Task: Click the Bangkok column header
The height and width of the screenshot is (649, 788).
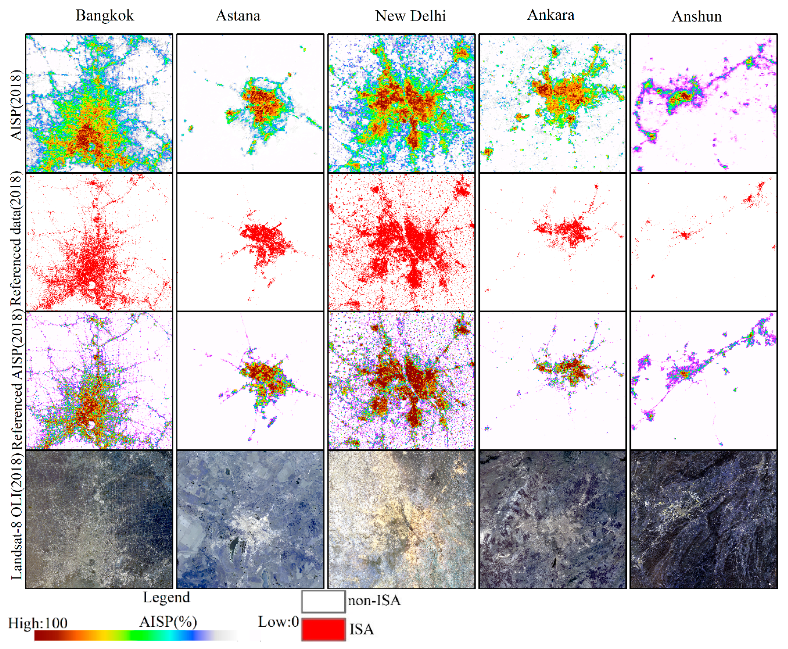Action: (x=104, y=16)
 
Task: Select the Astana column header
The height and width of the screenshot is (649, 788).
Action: (x=238, y=16)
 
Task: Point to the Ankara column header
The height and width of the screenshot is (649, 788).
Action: (x=550, y=15)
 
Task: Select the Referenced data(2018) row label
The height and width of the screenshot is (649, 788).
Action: (x=16, y=239)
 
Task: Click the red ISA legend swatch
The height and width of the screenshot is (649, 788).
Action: (x=323, y=629)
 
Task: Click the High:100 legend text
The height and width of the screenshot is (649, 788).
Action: (x=38, y=623)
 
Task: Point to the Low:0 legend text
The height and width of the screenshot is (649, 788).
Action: (x=278, y=622)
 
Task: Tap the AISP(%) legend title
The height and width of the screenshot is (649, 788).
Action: (x=168, y=622)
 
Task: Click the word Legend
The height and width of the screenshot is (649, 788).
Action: (x=166, y=597)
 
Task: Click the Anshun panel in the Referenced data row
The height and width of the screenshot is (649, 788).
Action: (x=703, y=242)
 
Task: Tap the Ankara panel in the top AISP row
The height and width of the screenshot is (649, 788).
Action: (x=552, y=103)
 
